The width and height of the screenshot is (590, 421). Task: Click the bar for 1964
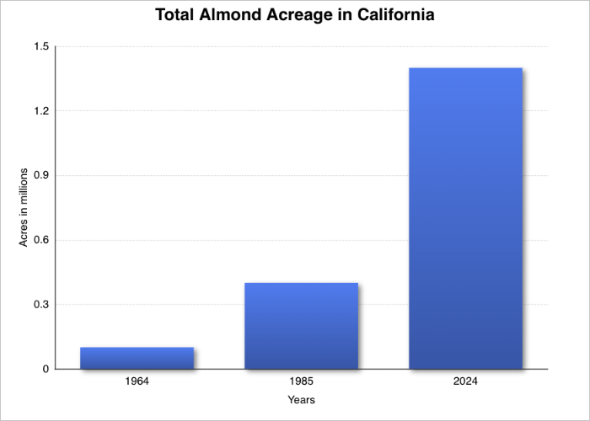[x=137, y=358]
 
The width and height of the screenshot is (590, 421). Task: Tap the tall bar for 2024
[x=465, y=219]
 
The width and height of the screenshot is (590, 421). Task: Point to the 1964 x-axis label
[x=137, y=382]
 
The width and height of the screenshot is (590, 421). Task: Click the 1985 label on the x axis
[x=301, y=382]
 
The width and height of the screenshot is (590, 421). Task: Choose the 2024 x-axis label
[x=465, y=382]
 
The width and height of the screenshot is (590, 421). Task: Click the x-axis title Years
[x=301, y=400]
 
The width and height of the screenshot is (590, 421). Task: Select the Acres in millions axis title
[x=24, y=207]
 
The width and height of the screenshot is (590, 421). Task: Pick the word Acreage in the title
[x=303, y=16]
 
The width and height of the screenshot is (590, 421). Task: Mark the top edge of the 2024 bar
[x=465, y=68]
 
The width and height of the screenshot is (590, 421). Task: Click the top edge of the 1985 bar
[x=301, y=284]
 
